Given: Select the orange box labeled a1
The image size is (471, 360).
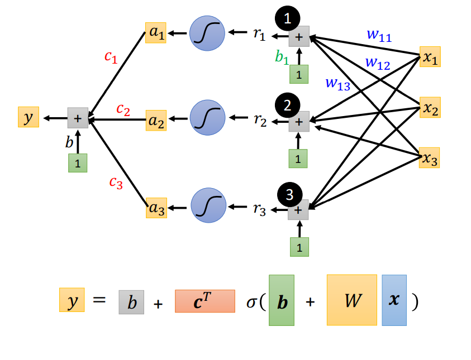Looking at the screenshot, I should tap(155, 33).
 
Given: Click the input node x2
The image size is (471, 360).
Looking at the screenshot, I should tap(429, 107).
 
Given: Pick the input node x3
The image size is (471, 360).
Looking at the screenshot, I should tap(429, 158).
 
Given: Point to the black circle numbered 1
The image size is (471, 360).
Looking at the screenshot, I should tap(288, 18).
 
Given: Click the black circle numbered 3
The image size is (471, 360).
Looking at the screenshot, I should tap(289, 194).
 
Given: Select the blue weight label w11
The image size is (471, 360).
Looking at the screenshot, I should tap(379, 35).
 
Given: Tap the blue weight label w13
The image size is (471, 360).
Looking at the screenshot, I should tap(338, 84).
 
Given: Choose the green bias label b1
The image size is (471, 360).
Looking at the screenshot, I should tap(282, 56).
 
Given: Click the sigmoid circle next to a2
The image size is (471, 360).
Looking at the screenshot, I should tap(207, 118).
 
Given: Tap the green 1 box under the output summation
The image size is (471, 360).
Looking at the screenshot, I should tap(78, 163).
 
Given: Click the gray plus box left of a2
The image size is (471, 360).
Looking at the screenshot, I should tap(78, 118).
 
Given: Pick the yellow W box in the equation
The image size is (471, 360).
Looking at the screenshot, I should tap(351, 300).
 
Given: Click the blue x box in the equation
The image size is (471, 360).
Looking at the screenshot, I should tap(394, 300).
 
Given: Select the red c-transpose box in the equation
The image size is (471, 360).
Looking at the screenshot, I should tap(204, 301).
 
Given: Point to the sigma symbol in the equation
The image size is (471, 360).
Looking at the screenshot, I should tap(252, 302).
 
